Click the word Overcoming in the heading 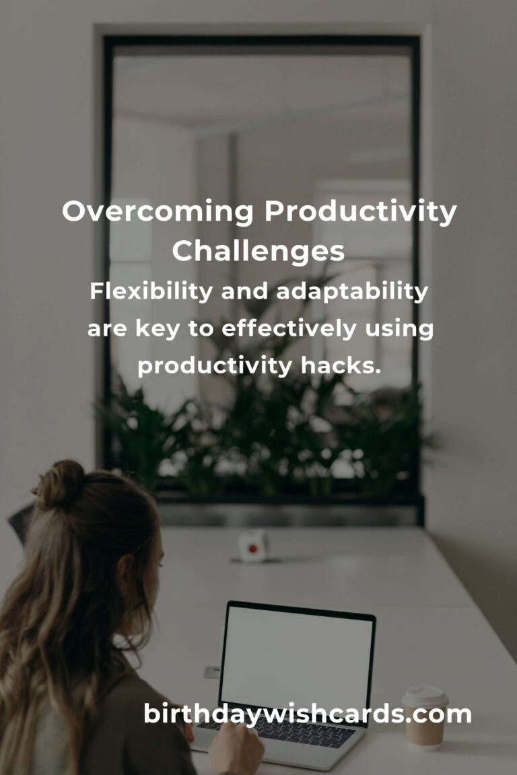[x=158, y=212]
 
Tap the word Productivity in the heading [x=360, y=212]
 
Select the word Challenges [x=258, y=251]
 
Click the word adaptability [x=352, y=291]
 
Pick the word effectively [x=289, y=329]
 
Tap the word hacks [x=341, y=366]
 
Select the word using [x=400, y=330]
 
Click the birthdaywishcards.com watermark [x=307, y=714]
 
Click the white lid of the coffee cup [x=425, y=696]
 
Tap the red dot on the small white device [x=253, y=548]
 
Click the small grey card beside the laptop [x=212, y=671]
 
